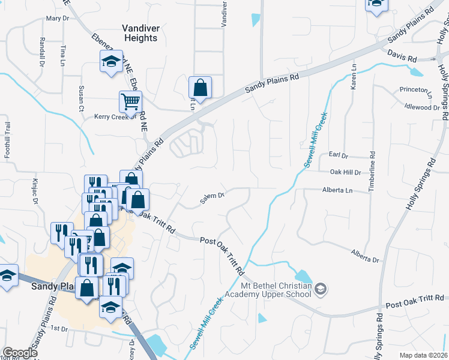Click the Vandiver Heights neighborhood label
140,32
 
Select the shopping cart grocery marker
130,101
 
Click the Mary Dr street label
58,19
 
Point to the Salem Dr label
212,196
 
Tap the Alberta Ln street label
336,191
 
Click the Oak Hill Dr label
345,172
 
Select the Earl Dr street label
339,155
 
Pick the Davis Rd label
402,59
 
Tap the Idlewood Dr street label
422,107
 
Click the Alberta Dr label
366,256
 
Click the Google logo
20,353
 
